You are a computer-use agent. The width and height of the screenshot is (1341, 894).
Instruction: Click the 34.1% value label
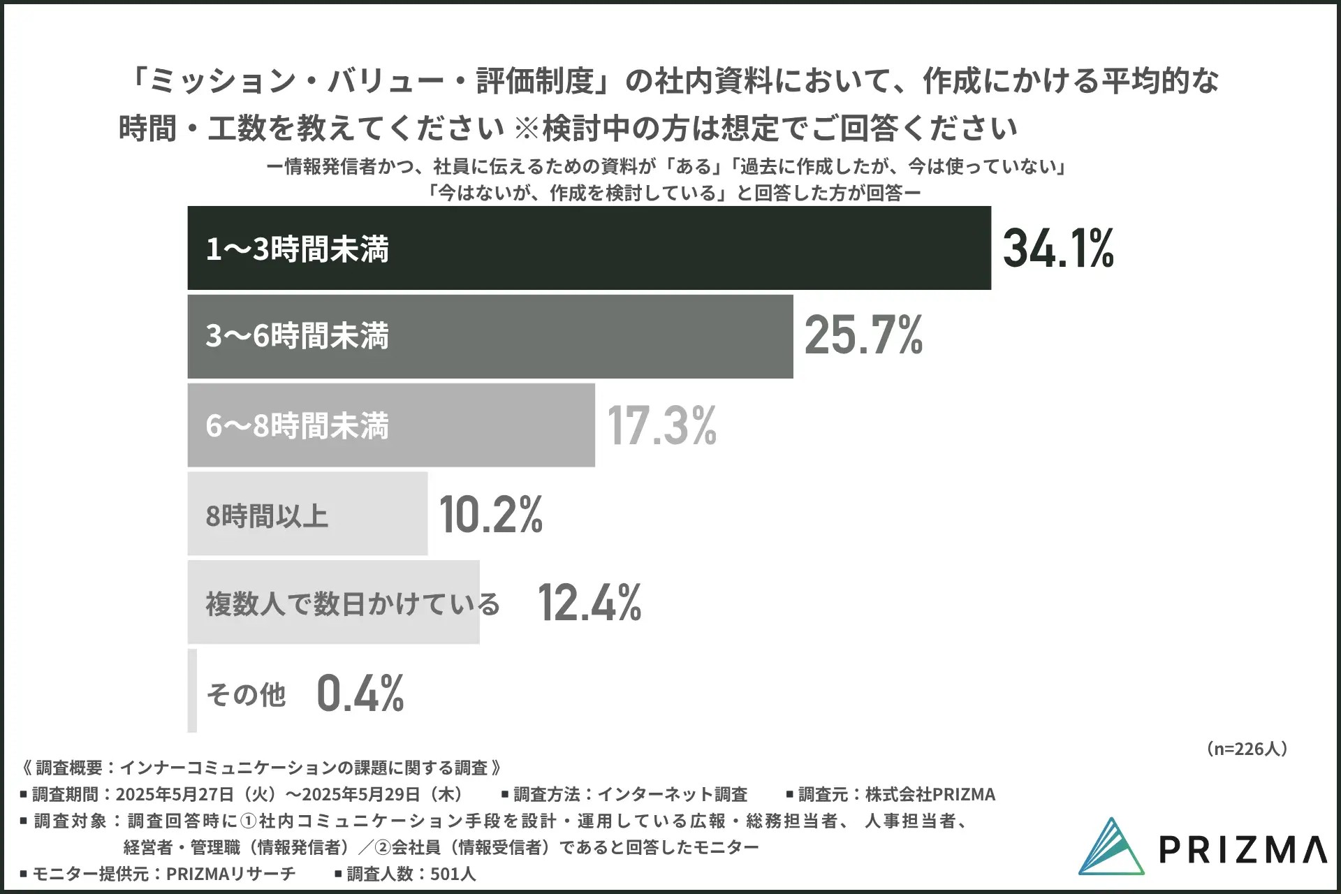(x=1058, y=249)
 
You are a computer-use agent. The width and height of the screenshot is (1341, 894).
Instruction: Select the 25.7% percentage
(x=864, y=336)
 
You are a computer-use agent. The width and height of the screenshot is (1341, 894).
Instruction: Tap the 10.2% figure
(x=491, y=515)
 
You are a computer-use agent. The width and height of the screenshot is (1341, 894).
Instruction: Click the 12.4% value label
(x=589, y=603)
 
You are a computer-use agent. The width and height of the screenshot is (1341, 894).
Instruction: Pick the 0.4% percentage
(x=360, y=693)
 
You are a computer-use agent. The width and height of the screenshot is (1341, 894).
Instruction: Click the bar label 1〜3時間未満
(x=298, y=249)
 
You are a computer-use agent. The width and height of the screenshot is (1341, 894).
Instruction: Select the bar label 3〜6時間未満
(x=298, y=336)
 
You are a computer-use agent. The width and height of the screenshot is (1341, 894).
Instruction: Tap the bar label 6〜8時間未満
(x=298, y=425)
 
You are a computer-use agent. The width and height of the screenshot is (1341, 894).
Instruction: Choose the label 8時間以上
(x=267, y=516)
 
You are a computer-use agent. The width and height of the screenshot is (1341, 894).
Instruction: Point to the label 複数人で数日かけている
(x=353, y=603)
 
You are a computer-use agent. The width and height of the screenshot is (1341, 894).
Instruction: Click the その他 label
(x=247, y=694)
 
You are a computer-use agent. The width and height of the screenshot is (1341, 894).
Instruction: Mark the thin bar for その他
(x=192, y=691)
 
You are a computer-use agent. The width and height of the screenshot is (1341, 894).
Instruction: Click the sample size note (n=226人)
(x=1246, y=749)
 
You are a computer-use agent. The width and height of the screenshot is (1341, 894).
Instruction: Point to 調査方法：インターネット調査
(x=630, y=794)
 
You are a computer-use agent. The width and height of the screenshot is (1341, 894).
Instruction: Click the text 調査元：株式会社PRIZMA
(x=896, y=794)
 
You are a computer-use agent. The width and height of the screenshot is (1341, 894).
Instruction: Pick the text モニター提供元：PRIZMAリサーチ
(x=163, y=874)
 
